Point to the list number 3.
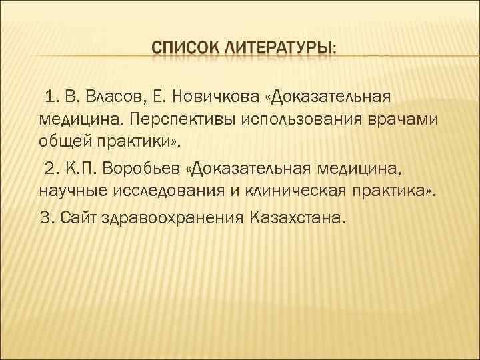[45, 218]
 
